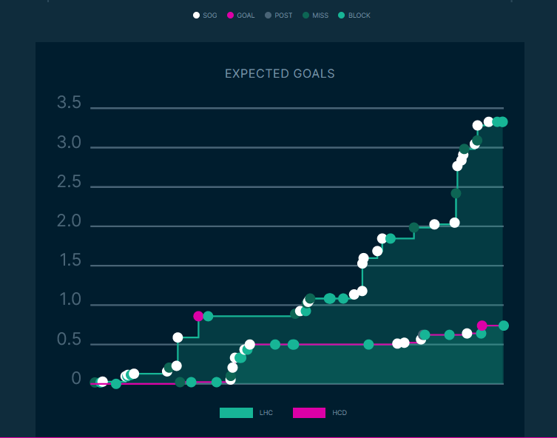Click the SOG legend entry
[205, 16]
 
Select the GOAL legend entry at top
[241, 16]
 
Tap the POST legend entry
[278, 16]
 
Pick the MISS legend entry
[317, 16]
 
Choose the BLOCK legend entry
[354, 16]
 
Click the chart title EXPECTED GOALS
[280, 74]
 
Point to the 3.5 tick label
[69, 103]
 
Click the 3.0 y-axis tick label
[69, 143]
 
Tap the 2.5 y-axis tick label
[69, 182]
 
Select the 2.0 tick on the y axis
[69, 221]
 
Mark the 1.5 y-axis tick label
[69, 260]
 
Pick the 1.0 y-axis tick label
[69, 300]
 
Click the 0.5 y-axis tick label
[69, 340]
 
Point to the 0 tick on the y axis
[76, 379]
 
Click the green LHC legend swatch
[236, 413]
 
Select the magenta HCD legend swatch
[309, 413]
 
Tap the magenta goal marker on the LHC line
[198, 316]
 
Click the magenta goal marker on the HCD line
[482, 326]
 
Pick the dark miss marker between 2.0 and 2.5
[456, 193]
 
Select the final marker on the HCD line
[504, 326]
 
